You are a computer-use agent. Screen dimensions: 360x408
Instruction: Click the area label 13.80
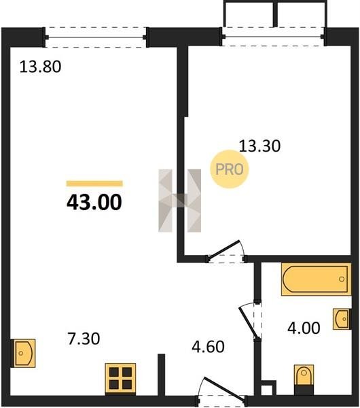tap(40, 67)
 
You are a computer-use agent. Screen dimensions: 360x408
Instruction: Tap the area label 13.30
tap(259, 146)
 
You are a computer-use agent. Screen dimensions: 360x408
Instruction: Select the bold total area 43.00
tap(94, 203)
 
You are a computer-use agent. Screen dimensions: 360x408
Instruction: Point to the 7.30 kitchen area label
tap(84, 339)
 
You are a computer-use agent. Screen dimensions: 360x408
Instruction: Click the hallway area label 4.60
tap(208, 347)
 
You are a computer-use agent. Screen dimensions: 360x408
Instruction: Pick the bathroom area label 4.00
tap(304, 328)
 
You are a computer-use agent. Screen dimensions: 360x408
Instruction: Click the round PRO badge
tap(230, 169)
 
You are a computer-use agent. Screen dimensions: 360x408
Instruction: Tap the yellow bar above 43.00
tap(94, 184)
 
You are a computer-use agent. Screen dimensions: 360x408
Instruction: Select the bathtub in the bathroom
tap(316, 279)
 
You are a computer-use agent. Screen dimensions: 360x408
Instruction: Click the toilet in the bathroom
tap(304, 379)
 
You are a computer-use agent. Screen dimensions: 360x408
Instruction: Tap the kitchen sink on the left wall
tap(23, 353)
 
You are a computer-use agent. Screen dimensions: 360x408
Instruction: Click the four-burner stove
tap(120, 378)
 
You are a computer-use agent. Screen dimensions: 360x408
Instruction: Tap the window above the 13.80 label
tap(96, 37)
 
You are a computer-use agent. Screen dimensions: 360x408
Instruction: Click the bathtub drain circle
tap(342, 279)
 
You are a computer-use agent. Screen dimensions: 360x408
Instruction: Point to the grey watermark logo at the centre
tap(179, 201)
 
